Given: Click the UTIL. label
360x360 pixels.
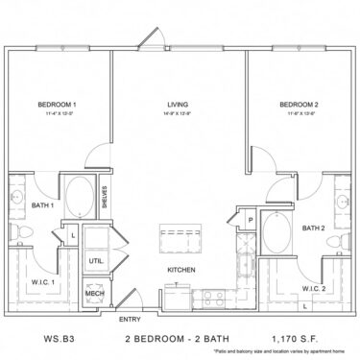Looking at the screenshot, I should pos(96,259).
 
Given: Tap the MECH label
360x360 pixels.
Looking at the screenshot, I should pos(95,293).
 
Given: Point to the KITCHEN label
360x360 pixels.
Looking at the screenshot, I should pos(181,271).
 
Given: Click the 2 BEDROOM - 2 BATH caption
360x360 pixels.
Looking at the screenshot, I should pos(169,339).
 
